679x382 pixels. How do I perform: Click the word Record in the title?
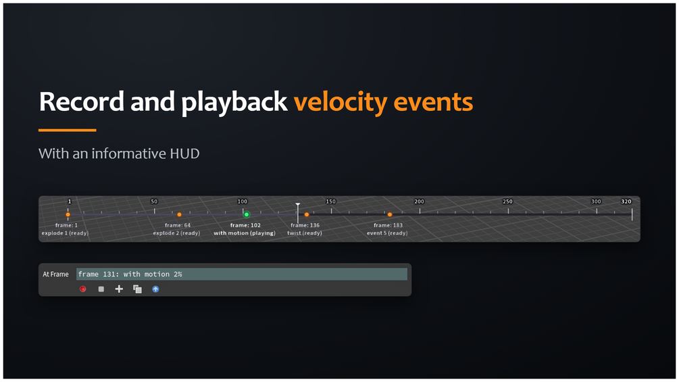click(82, 101)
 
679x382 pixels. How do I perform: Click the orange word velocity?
click(341, 103)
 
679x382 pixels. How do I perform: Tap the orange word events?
click(433, 102)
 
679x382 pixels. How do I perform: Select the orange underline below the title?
click(67, 130)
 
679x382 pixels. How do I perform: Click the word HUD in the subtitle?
click(185, 153)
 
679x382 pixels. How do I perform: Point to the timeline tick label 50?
click(154, 201)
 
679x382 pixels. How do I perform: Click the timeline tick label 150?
click(331, 201)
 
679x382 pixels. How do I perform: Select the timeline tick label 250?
click(507, 201)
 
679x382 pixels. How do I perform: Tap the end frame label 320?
click(626, 201)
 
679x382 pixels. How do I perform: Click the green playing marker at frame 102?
click(247, 214)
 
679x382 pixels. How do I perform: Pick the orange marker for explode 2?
click(179, 214)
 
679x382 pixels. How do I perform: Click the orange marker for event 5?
click(390, 214)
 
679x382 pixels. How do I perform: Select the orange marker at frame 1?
click(68, 214)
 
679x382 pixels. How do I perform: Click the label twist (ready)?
click(305, 233)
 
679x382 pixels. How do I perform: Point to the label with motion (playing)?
click(245, 233)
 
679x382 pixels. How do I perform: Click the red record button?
click(82, 289)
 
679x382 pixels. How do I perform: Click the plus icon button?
click(119, 289)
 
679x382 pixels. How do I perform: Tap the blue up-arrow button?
click(155, 289)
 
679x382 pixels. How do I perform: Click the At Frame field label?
click(55, 274)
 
